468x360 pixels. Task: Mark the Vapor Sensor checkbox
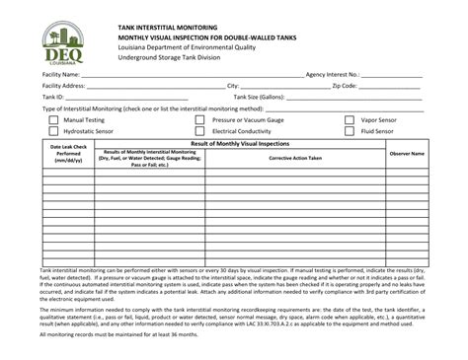point(350,119)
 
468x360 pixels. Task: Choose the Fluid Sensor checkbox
point(350,130)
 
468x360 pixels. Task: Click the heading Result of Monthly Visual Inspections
point(237,142)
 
